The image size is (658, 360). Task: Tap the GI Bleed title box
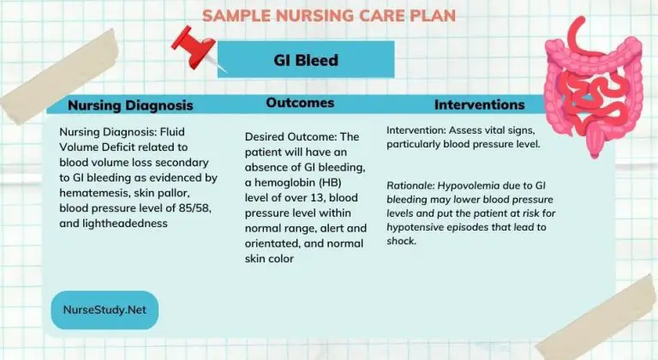click(x=306, y=60)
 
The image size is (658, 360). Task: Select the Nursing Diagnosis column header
click(x=130, y=105)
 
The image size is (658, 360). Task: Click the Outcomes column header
click(x=300, y=103)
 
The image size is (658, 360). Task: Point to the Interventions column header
click(x=479, y=105)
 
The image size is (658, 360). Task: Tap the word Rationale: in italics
click(x=413, y=183)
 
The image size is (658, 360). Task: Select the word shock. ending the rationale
click(x=402, y=241)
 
